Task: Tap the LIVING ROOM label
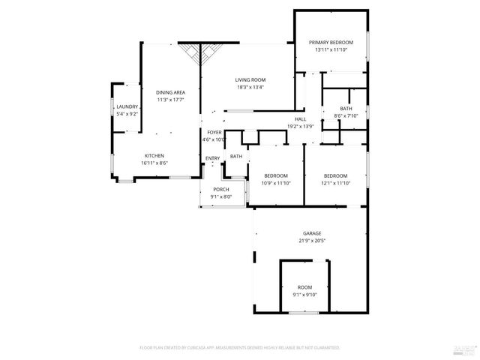pos(250,79)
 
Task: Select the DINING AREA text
pos(170,91)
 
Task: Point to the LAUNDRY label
pos(127,107)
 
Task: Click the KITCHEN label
pos(154,155)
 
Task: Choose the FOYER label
pos(214,132)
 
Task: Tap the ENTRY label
pos(213,157)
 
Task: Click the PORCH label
pos(221,189)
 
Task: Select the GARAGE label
pos(312,232)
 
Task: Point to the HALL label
pos(300,118)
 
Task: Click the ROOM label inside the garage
pos(304,287)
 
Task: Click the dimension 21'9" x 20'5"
pos(312,240)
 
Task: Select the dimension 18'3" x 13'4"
pos(250,87)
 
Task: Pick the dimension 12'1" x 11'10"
pos(335,183)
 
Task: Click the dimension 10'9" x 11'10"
pos(275,183)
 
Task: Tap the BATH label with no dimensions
pos(236,156)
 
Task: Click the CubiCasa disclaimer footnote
pos(240,348)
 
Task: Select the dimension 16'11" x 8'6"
pos(154,163)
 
